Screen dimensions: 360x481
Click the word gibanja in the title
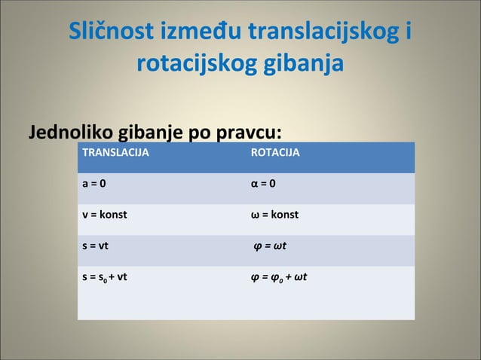point(305,63)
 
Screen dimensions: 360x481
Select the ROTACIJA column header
point(274,153)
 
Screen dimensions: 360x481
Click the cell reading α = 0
point(263,184)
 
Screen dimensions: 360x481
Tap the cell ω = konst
point(274,215)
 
